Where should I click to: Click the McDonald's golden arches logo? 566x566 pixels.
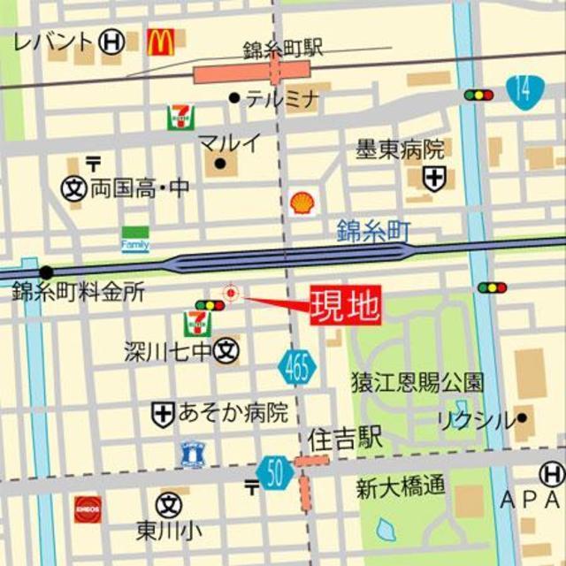pyautogui.click(x=160, y=41)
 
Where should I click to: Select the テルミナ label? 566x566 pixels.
pyautogui.click(x=281, y=99)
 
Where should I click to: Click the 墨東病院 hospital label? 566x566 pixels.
pyautogui.click(x=400, y=149)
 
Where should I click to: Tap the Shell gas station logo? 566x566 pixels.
pyautogui.click(x=302, y=203)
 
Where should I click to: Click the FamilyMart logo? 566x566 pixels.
pyautogui.click(x=135, y=241)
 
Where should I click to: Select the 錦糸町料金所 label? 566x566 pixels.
pyautogui.click(x=78, y=293)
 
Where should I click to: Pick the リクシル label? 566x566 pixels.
pyautogui.click(x=474, y=420)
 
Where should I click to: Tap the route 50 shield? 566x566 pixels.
pyautogui.click(x=276, y=473)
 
